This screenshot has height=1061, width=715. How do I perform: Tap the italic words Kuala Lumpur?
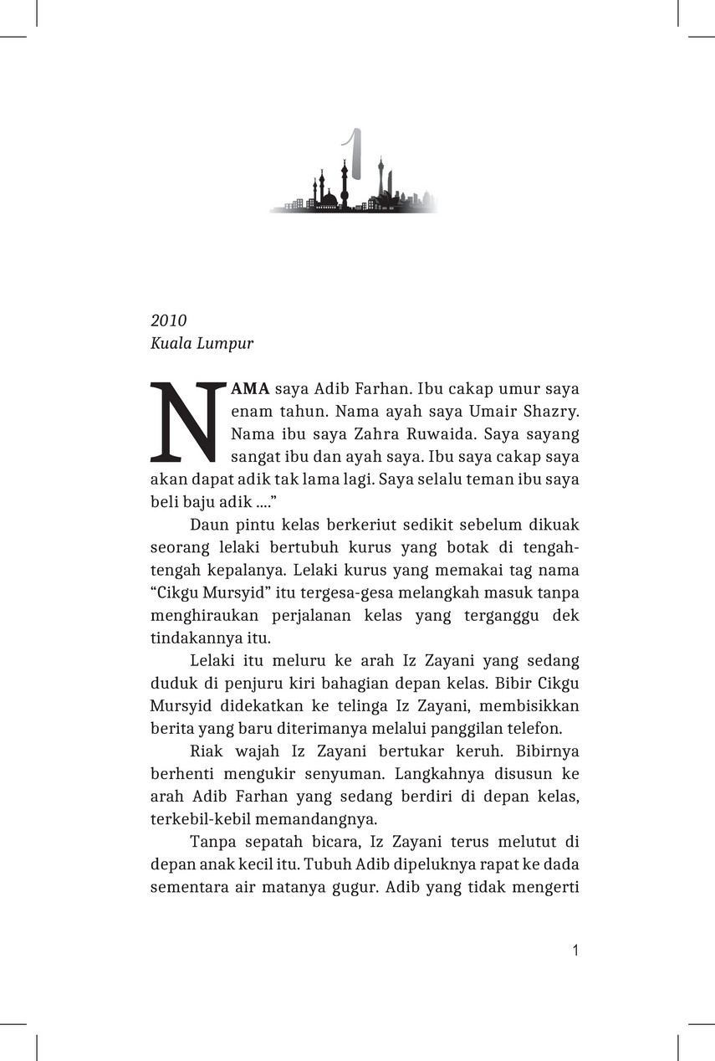click(202, 343)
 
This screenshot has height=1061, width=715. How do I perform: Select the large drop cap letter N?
click(187, 423)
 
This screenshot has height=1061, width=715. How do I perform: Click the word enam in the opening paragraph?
click(248, 412)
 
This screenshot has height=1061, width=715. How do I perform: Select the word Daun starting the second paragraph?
click(209, 525)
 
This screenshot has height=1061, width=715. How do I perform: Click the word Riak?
click(207, 751)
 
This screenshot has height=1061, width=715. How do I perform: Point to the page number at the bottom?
click(575, 950)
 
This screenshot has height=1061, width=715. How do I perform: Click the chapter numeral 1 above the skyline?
click(355, 155)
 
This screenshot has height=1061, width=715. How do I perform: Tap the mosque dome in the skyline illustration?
click(329, 199)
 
